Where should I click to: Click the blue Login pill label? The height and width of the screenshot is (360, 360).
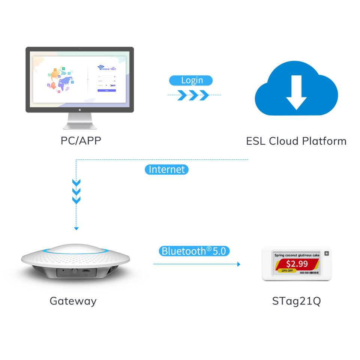[191, 80]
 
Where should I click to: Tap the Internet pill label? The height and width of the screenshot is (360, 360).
[166, 169]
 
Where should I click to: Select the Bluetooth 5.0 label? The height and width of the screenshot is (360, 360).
[194, 251]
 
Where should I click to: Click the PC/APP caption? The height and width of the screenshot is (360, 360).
[81, 141]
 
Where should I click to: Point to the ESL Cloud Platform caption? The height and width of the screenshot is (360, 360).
[296, 141]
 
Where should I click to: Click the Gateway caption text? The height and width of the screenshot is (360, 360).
[73, 301]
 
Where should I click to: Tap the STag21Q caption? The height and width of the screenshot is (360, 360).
[296, 301]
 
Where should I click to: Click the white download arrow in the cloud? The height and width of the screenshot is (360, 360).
[296, 91]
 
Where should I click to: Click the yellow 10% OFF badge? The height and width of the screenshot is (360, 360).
[287, 270]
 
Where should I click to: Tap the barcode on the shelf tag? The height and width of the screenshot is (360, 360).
[309, 273]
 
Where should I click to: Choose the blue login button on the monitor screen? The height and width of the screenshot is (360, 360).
[106, 90]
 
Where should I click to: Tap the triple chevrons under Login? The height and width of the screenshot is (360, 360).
[193, 95]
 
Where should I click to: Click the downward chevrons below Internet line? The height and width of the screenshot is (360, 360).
[76, 192]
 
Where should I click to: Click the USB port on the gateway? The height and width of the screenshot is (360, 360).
[86, 270]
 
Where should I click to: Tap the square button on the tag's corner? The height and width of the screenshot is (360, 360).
[326, 253]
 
